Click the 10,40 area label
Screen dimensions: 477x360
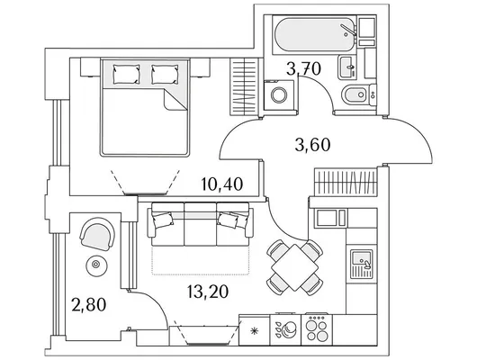pyautogui.click(x=222, y=184)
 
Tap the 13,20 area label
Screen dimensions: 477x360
pyautogui.click(x=208, y=292)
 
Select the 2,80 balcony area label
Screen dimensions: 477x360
pyautogui.click(x=89, y=304)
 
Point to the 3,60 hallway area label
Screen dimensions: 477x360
pyautogui.click(x=312, y=145)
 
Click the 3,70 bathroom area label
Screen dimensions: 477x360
pyautogui.click(x=303, y=68)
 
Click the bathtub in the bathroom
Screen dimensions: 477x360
pyautogui.click(x=315, y=35)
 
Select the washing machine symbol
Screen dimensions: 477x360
pyautogui.click(x=279, y=94)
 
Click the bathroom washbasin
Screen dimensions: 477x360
pyautogui.click(x=346, y=67)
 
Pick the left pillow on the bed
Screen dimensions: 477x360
pyautogui.click(x=126, y=74)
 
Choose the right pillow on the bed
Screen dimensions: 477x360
pyautogui.click(x=165, y=74)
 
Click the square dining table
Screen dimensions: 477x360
pyautogui.click(x=294, y=267)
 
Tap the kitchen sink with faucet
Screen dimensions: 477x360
pyautogui.click(x=361, y=264)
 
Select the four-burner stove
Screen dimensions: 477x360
pyautogui.click(x=317, y=330)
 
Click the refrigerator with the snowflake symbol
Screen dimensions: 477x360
pyautogui.click(x=255, y=330)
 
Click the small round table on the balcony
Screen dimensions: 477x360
pyautogui.click(x=96, y=265)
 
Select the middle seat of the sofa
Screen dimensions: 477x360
pyautogui.click(x=200, y=224)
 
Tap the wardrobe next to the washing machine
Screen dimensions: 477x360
pyautogui.click(x=246, y=86)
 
